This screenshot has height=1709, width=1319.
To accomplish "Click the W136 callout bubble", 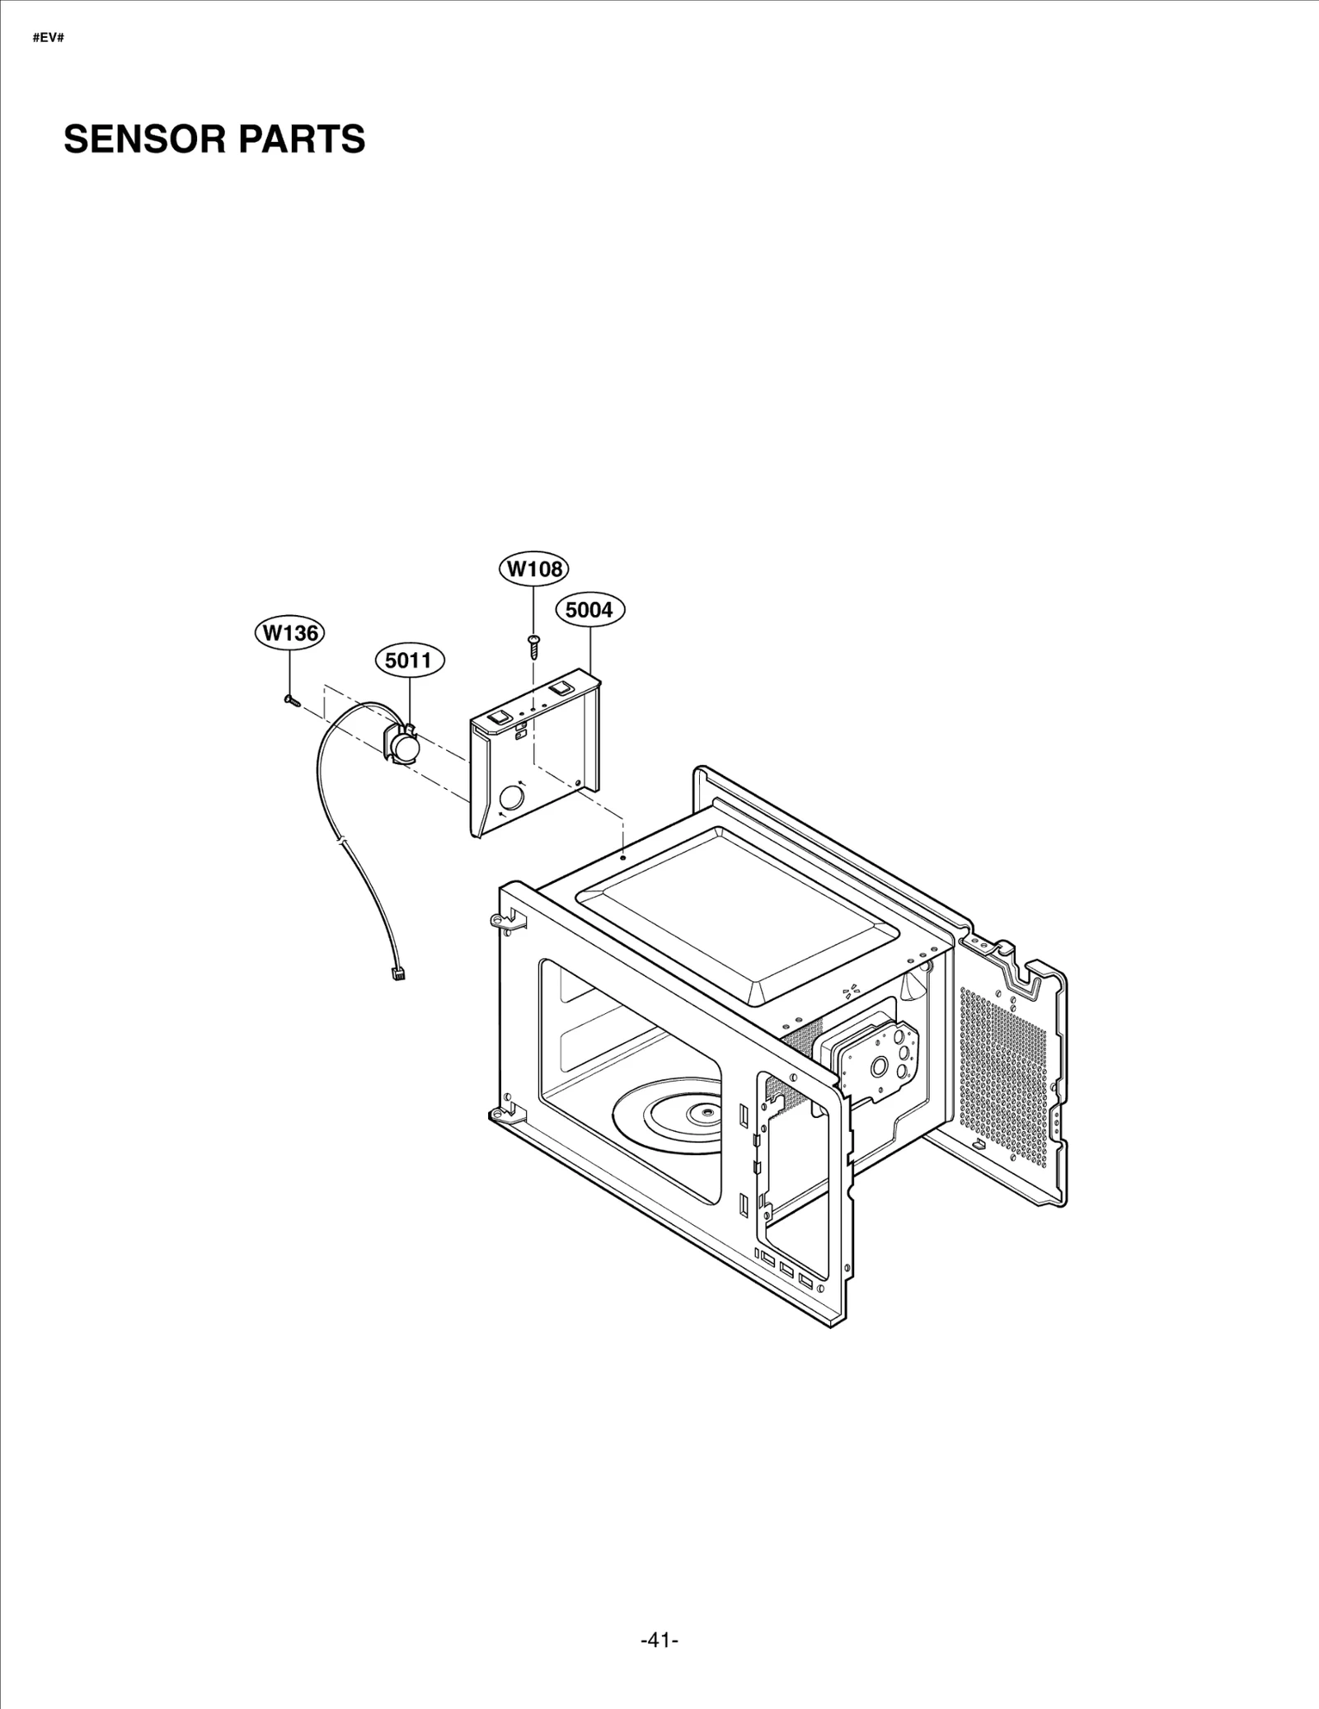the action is (x=289, y=633).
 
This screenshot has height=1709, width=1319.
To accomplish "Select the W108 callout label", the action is (x=534, y=568).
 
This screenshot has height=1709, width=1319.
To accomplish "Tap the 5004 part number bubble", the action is (x=589, y=610).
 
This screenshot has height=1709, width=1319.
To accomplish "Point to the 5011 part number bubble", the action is (x=408, y=660).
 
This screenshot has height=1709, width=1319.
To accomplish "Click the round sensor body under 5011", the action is (x=404, y=746).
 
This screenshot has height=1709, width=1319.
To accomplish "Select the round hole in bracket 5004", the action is (x=512, y=797).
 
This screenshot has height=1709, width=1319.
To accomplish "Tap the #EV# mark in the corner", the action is (x=48, y=39).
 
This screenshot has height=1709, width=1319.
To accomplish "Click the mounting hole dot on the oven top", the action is (x=623, y=857).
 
